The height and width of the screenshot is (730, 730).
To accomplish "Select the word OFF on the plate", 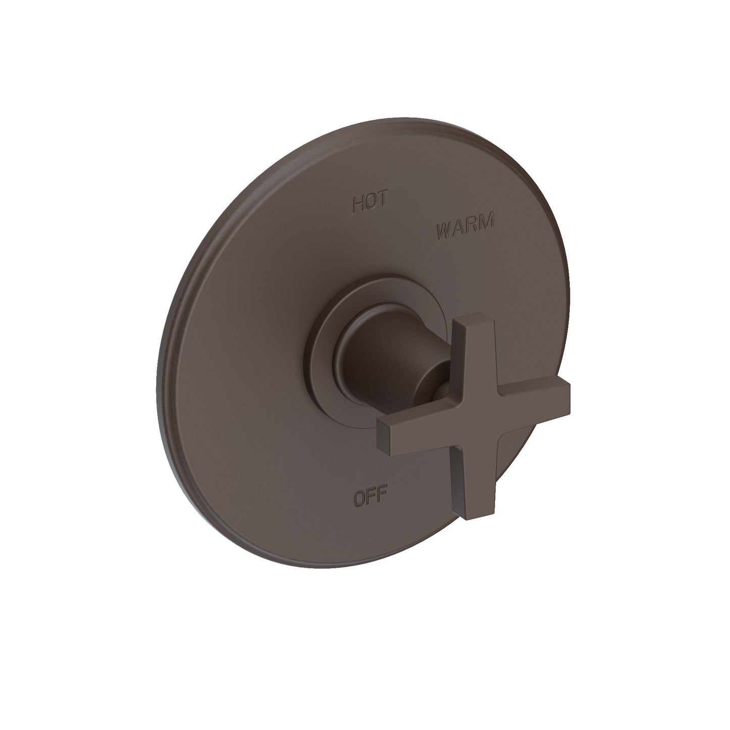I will click(370, 498).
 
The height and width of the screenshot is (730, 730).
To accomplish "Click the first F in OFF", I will click(371, 498).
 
